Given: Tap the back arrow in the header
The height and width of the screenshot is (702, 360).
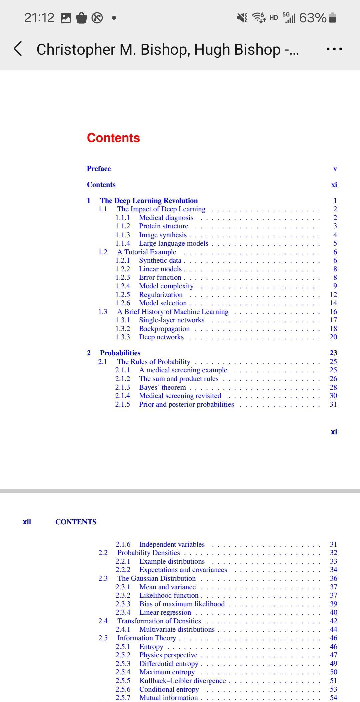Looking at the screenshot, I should [x=18, y=49].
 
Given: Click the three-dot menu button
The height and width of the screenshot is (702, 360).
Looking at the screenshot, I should [x=334, y=49].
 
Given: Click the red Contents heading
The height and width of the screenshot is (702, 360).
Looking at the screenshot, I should [x=113, y=138].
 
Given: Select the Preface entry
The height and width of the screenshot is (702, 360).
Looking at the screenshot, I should [x=99, y=169].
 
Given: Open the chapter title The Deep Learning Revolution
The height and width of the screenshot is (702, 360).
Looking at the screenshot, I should [x=149, y=201].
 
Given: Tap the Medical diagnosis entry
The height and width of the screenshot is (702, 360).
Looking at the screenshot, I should [x=166, y=218].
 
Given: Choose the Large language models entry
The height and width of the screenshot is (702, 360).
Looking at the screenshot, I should [x=173, y=243].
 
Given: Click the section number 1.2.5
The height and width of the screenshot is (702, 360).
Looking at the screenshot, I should [x=123, y=295].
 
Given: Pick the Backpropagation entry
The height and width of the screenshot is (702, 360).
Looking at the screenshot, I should [x=164, y=329].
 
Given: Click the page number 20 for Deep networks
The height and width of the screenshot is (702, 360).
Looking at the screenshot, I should [x=333, y=337].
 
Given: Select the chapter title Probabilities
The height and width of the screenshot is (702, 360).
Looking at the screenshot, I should [x=120, y=353].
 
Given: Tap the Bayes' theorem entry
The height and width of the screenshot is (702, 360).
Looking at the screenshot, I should [x=162, y=387].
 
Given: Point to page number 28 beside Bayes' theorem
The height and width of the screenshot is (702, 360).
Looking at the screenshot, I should [x=333, y=387].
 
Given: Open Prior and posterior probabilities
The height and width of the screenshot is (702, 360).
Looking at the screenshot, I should [x=186, y=404].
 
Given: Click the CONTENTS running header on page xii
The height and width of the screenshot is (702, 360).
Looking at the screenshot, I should [x=76, y=522].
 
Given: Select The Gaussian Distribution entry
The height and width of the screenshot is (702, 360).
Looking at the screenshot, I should [x=156, y=578].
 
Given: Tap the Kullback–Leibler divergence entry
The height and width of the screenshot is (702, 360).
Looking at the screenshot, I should [x=182, y=681].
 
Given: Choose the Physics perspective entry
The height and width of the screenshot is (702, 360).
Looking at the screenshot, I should [x=168, y=655].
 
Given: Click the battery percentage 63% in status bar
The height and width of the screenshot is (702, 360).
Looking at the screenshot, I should [x=313, y=18].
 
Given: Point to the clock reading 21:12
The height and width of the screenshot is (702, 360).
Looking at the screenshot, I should [x=39, y=18].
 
